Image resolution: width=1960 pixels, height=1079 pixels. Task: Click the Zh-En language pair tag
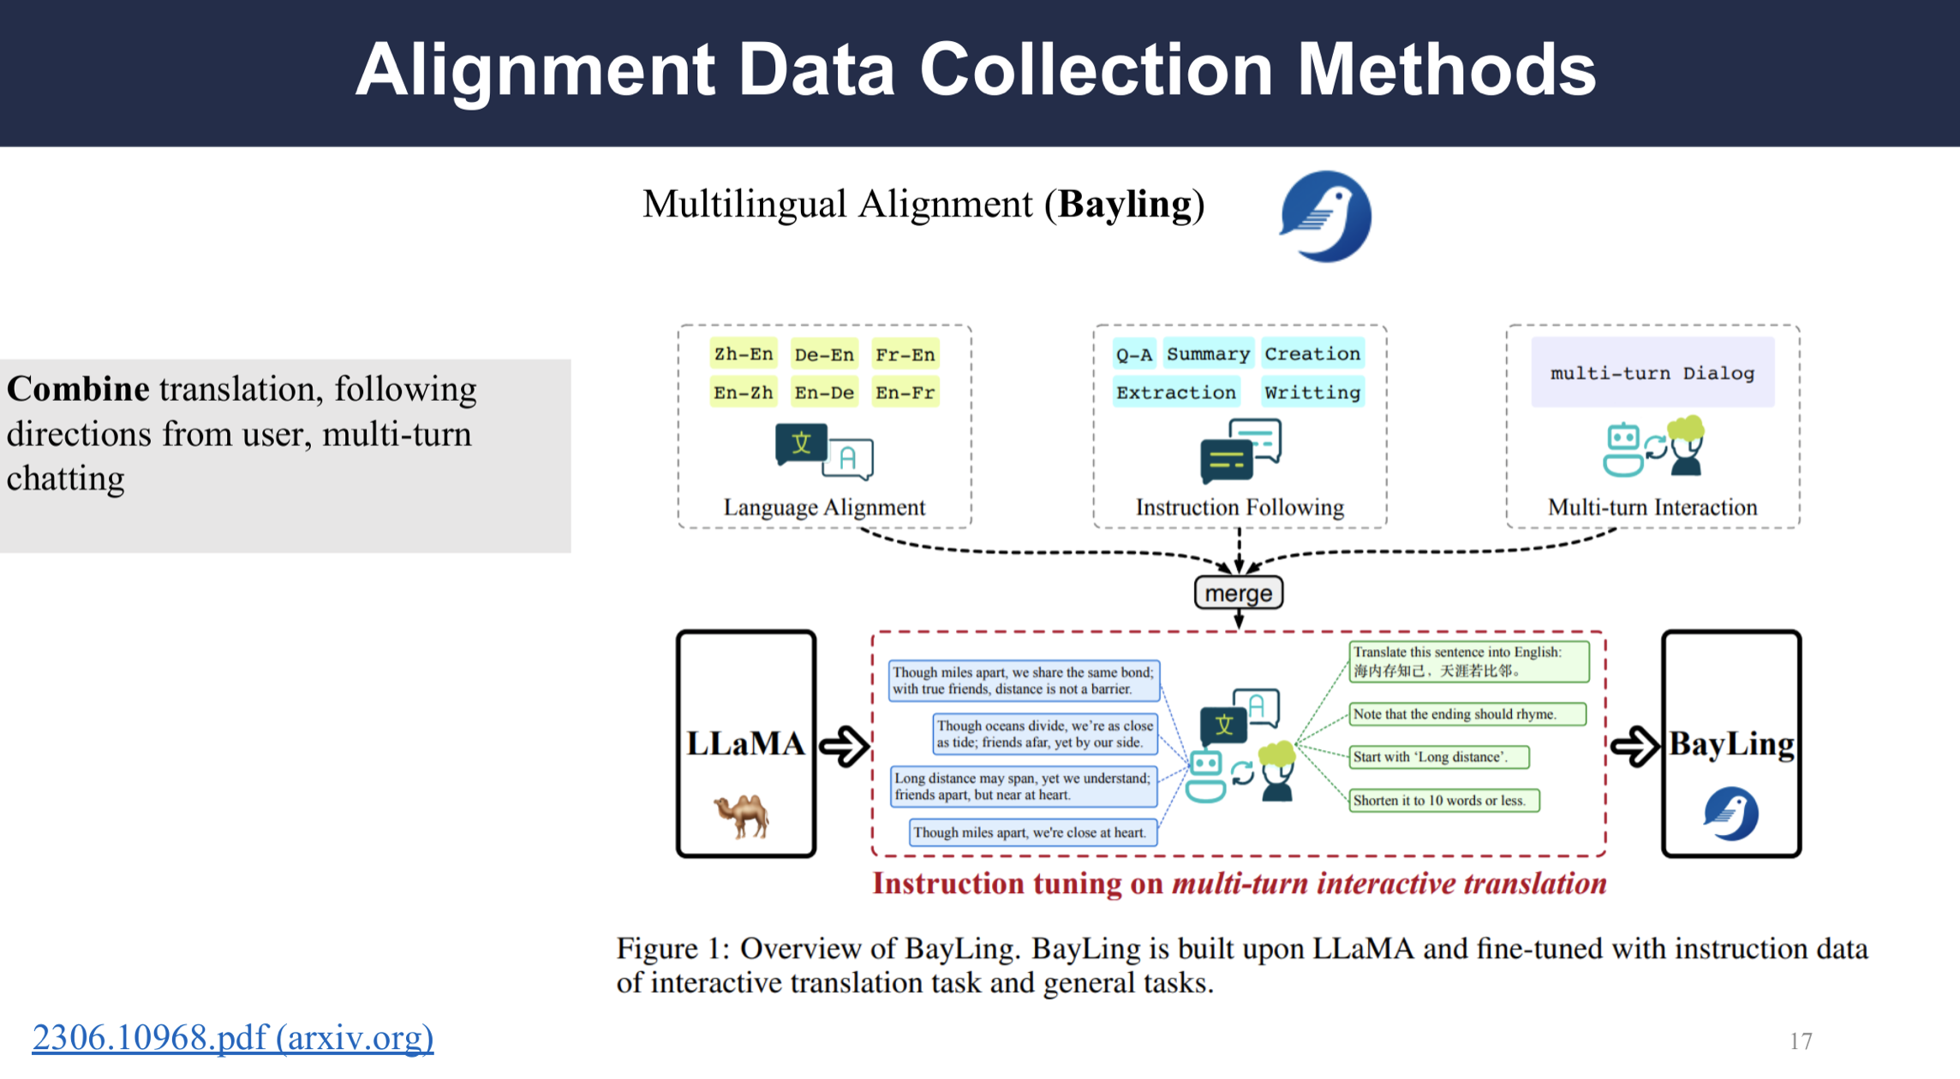pos(743,355)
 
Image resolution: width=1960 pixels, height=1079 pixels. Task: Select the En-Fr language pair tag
pos(905,393)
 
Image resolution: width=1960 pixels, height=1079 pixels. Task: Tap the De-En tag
pos(823,355)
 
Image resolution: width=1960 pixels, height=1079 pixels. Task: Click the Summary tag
pos(1208,355)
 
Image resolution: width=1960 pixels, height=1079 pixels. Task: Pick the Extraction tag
pos(1175,393)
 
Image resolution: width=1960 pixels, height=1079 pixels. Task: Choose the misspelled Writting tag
pos(1312,393)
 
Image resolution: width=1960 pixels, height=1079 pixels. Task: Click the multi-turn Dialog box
pos(1652,373)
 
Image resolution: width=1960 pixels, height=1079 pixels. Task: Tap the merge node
pos(1238,593)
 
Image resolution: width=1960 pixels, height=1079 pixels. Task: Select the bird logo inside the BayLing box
pos(1730,814)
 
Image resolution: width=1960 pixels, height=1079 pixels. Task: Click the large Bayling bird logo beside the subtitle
pos(1326,216)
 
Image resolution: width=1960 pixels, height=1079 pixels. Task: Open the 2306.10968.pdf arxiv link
pos(233,1037)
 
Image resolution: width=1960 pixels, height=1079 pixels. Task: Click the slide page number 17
pos(1801,1041)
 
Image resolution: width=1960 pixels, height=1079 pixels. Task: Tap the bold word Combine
pos(78,390)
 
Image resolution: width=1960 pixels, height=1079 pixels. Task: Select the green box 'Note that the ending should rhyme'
pos(1467,714)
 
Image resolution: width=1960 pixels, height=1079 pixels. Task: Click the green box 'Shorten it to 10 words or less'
pos(1443,801)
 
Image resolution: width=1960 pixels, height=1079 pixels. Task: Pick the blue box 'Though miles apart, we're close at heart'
pos(1032,832)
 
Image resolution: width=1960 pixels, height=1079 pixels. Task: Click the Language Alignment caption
pos(824,507)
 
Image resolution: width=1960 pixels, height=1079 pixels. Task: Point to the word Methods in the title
pos(1446,70)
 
